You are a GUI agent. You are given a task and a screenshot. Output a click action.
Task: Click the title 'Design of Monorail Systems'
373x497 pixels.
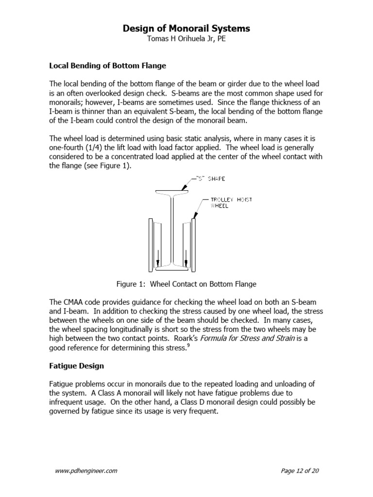[x=186, y=29]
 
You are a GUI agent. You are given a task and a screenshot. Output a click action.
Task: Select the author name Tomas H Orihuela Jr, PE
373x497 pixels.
[x=186, y=39]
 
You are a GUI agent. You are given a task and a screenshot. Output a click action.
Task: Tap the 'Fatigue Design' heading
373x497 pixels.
[x=77, y=365]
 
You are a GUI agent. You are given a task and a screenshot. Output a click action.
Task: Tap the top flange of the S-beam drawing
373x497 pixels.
[x=172, y=192]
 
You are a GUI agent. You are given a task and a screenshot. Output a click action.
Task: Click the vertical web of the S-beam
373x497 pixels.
[x=172, y=228]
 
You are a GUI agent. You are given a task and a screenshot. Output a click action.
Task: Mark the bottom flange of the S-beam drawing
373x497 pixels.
[x=172, y=268]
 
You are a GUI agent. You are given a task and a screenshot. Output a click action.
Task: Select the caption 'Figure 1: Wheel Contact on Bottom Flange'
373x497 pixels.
[x=186, y=284]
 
